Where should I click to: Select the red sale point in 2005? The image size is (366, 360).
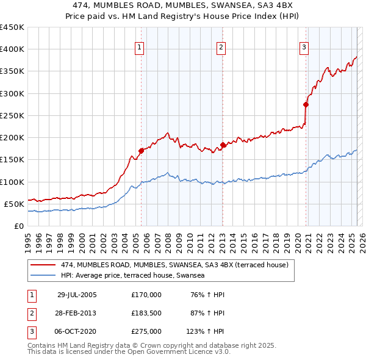coord(141,150)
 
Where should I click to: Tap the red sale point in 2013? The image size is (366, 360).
coord(223,145)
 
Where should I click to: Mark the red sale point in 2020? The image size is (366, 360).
coord(306,104)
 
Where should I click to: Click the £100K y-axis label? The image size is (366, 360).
coord(12,182)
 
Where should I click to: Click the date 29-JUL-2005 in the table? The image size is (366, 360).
coord(77,295)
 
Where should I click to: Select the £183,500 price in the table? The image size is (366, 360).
coord(146,313)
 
